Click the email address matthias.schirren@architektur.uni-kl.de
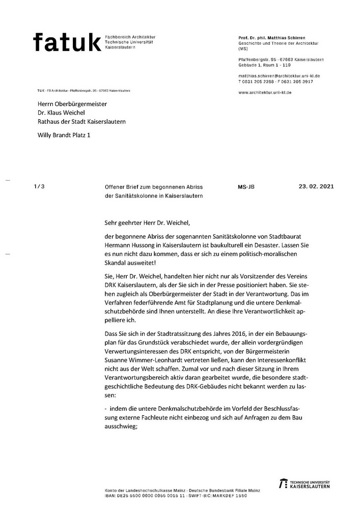click(x=279, y=76)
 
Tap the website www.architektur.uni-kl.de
click(x=264, y=93)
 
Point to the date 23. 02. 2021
click(x=316, y=186)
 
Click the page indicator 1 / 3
click(x=39, y=186)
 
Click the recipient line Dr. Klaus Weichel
click(x=60, y=112)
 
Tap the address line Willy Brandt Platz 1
click(x=63, y=135)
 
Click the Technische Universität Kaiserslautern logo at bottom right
click(x=304, y=484)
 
